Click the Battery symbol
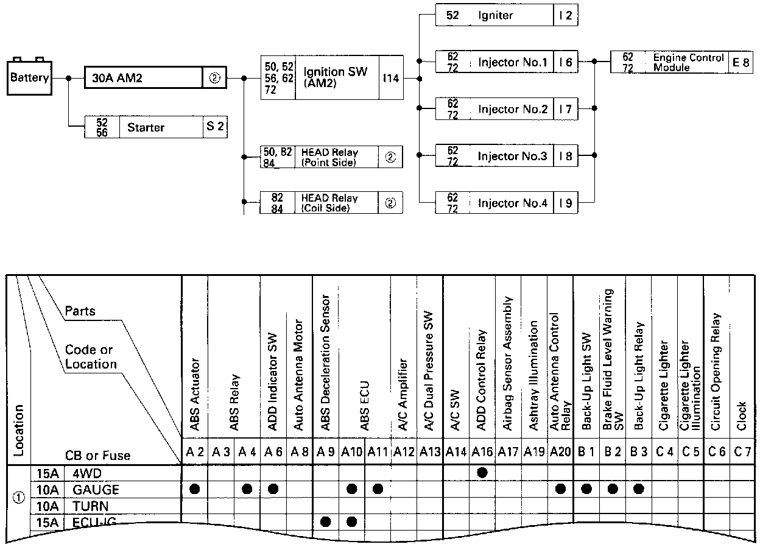(x=29, y=77)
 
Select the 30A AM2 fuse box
(x=143, y=79)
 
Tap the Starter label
(x=146, y=128)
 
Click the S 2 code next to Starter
(x=215, y=128)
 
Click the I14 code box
(x=390, y=79)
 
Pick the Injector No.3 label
(x=512, y=157)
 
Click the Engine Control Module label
(x=688, y=62)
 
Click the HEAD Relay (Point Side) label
(x=329, y=157)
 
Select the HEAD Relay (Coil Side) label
(x=329, y=203)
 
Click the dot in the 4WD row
(x=482, y=472)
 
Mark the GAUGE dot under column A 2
(x=195, y=489)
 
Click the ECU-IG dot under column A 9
(x=325, y=521)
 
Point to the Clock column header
(x=741, y=415)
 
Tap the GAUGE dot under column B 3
(x=638, y=489)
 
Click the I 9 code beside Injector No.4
(x=566, y=203)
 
